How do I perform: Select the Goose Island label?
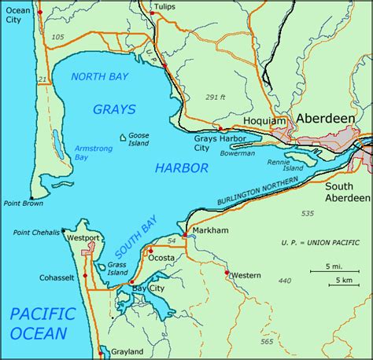point(138,139)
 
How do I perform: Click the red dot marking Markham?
point(184,235)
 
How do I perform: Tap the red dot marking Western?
point(227,273)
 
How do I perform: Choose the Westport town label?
point(84,237)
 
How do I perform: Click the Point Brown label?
point(22,203)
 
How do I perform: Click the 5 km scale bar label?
point(341,281)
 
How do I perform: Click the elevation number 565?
point(268,342)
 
